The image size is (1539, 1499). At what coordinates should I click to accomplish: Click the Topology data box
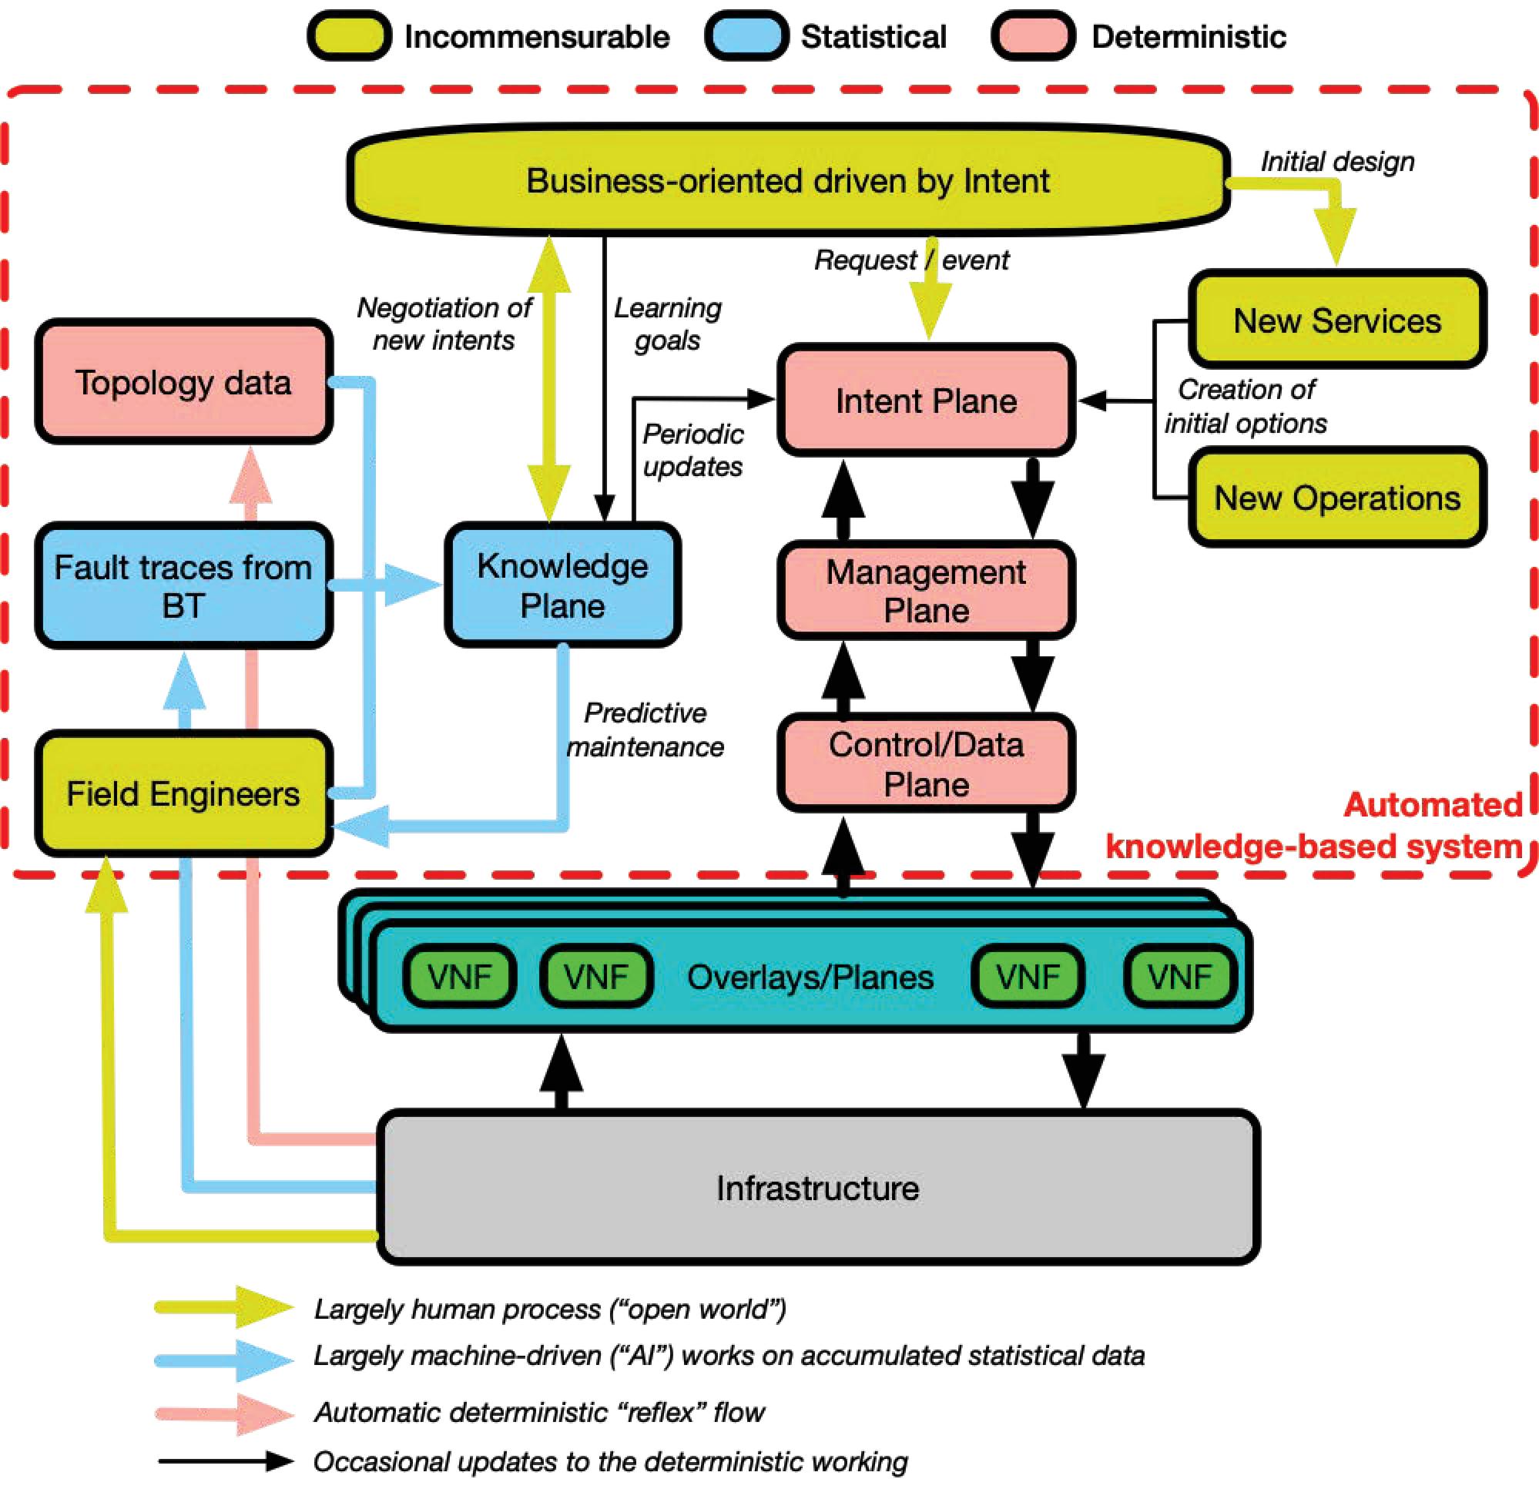(183, 383)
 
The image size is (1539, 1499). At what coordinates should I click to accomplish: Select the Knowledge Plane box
(562, 585)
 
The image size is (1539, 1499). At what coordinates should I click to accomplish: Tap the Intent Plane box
(926, 401)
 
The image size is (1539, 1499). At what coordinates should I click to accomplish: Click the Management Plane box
(926, 592)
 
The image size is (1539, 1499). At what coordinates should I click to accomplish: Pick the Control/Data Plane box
(926, 763)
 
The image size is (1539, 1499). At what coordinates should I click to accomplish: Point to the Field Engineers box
(183, 793)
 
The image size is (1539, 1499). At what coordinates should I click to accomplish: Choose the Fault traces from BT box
(183, 585)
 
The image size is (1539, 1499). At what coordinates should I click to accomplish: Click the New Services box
(1336, 320)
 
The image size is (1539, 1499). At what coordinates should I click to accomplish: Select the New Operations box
(1336, 498)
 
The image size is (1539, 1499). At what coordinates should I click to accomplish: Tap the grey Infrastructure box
(817, 1187)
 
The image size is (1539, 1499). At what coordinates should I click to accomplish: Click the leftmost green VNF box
(459, 977)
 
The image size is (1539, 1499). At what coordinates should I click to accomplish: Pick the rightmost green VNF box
(1179, 977)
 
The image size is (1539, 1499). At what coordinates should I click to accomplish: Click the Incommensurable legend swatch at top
(349, 36)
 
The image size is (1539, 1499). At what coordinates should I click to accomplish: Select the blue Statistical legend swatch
(746, 36)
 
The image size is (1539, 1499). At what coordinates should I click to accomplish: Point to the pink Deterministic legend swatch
(1033, 36)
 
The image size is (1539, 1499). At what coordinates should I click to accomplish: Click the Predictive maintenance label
(645, 729)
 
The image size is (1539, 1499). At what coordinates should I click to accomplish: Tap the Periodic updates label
(692, 451)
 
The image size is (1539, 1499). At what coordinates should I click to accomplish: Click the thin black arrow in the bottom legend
(224, 1461)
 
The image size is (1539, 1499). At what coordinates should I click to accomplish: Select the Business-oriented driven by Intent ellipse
(787, 180)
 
